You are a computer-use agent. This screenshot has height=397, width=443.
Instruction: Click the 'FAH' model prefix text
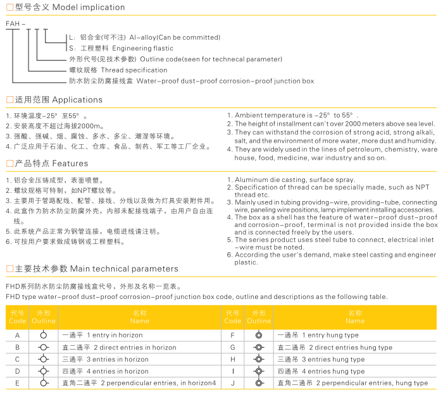[x=13, y=24]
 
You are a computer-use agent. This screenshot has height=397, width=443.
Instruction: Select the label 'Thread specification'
[x=134, y=70]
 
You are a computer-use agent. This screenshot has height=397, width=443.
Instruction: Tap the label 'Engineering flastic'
[x=142, y=48]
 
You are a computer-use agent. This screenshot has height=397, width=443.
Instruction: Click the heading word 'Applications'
[x=77, y=100]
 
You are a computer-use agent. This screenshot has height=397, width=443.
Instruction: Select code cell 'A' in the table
[x=17, y=335]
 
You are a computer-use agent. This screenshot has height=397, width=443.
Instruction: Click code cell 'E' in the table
[x=17, y=383]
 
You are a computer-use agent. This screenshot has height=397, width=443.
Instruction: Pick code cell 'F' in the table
[x=233, y=335]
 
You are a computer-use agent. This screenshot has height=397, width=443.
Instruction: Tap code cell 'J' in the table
[x=233, y=383]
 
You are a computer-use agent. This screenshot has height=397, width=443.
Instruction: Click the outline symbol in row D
[x=44, y=371]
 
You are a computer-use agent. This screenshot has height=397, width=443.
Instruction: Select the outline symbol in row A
[x=44, y=334]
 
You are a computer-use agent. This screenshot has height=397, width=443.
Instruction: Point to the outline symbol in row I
[x=259, y=371]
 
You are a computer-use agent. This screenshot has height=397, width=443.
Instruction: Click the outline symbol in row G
[x=259, y=347]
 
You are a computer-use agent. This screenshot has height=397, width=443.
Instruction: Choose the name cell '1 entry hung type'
[x=330, y=335]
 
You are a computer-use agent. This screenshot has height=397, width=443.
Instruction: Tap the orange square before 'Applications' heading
[x=9, y=100]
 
